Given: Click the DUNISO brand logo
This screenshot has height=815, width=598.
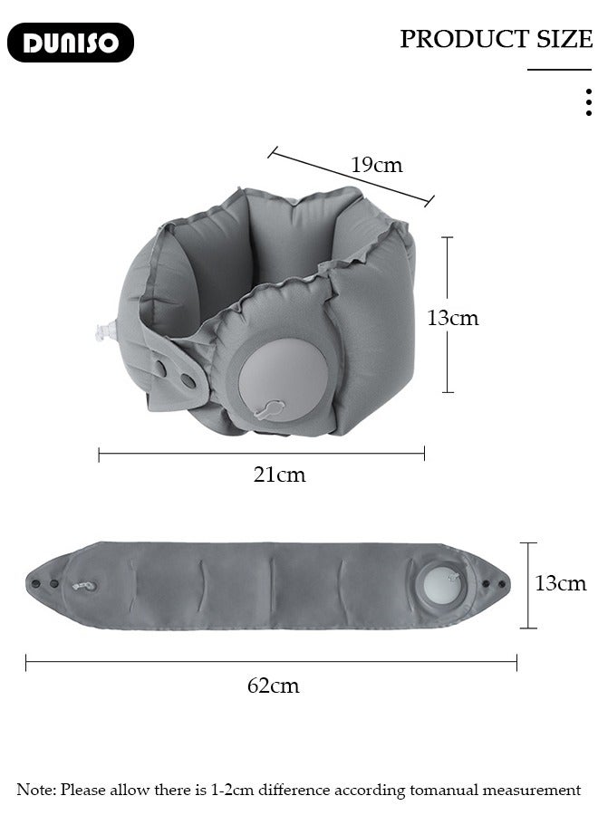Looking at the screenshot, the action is coord(70,43).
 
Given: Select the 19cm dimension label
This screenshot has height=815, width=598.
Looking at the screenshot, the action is coord(377,165).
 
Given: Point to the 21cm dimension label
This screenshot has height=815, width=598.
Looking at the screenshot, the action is coord(279,475).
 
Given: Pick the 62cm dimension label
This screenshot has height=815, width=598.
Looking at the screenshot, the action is coord(273,686).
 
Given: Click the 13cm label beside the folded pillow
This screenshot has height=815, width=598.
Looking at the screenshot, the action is coord(452,318).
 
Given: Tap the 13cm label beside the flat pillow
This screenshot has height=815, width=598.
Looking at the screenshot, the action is coord(561,583).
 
